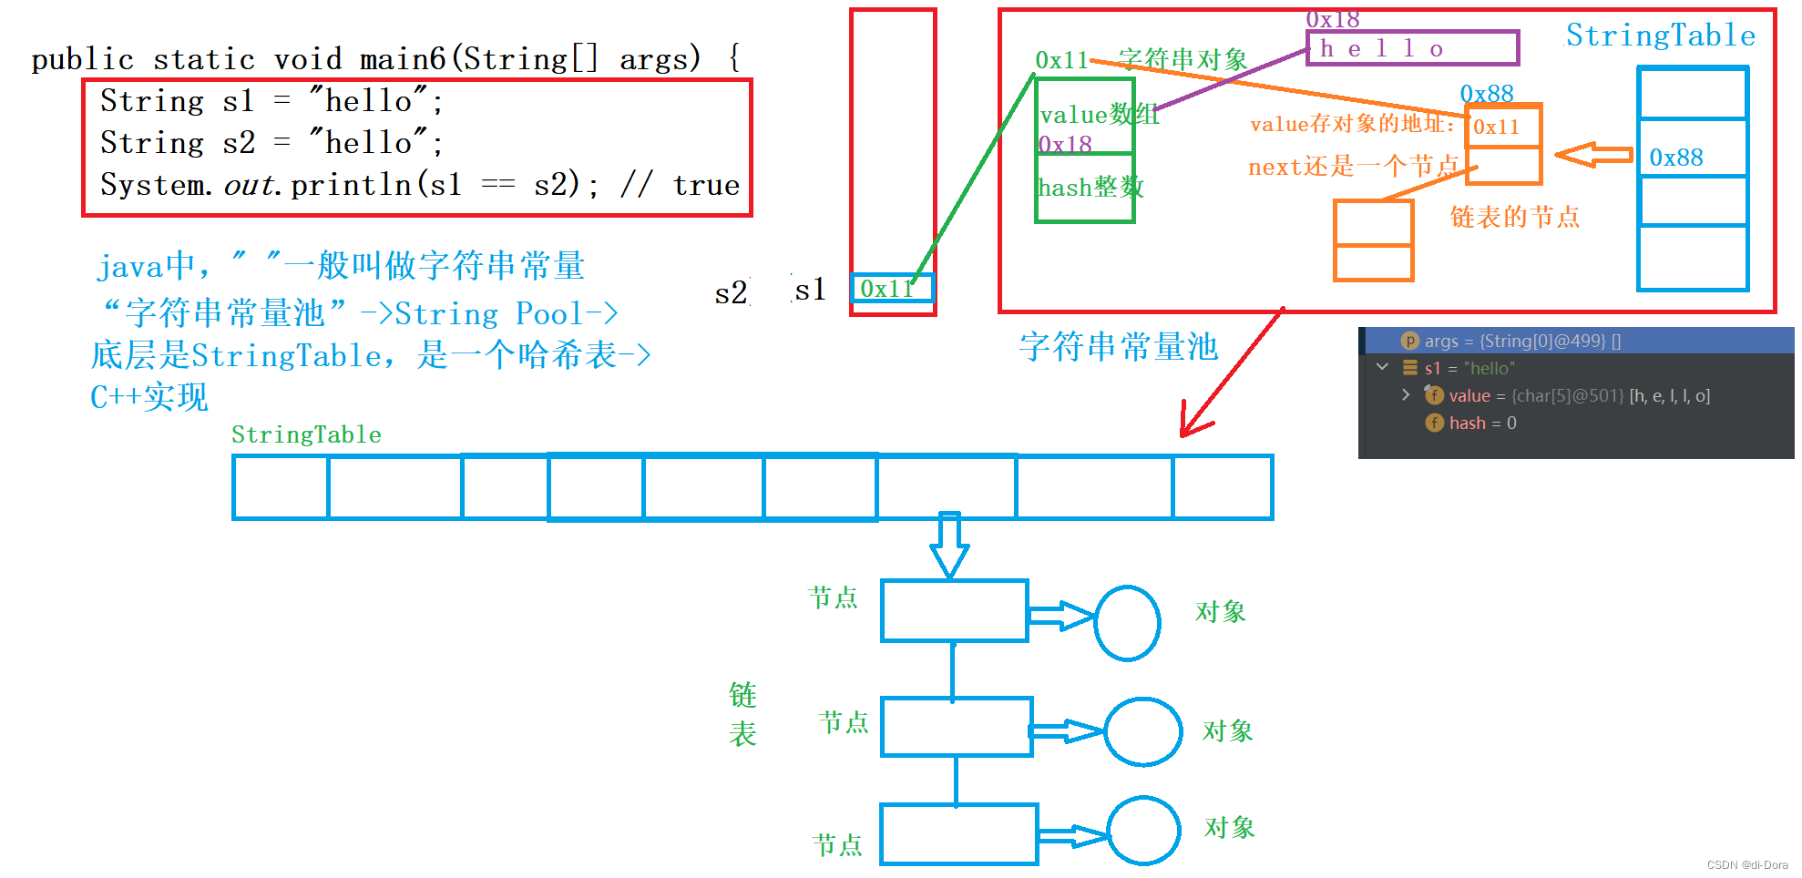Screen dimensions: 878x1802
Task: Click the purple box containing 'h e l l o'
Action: click(1412, 48)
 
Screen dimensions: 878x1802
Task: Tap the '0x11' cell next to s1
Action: click(892, 289)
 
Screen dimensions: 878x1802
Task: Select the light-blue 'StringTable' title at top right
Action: click(1660, 36)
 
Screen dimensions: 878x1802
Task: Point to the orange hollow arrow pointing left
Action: click(1593, 155)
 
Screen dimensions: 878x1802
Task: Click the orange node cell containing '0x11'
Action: click(1503, 127)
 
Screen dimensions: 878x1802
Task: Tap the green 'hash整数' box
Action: click(1085, 188)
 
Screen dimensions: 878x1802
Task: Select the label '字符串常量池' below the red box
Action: click(1118, 347)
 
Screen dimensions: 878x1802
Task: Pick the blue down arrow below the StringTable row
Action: click(949, 546)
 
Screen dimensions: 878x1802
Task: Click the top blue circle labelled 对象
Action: click(1127, 623)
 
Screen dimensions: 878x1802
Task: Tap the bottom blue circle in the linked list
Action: click(1143, 831)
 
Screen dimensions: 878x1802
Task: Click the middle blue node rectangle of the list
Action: click(957, 727)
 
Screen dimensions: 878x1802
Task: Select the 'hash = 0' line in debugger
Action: click(1482, 424)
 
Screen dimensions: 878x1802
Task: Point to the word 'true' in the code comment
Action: click(706, 186)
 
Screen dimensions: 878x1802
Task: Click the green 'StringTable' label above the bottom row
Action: click(306, 435)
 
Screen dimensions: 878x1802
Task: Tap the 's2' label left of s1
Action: click(731, 293)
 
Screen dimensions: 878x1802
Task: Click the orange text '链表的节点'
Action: click(1514, 218)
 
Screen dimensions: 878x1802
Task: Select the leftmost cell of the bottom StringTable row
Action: click(281, 487)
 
